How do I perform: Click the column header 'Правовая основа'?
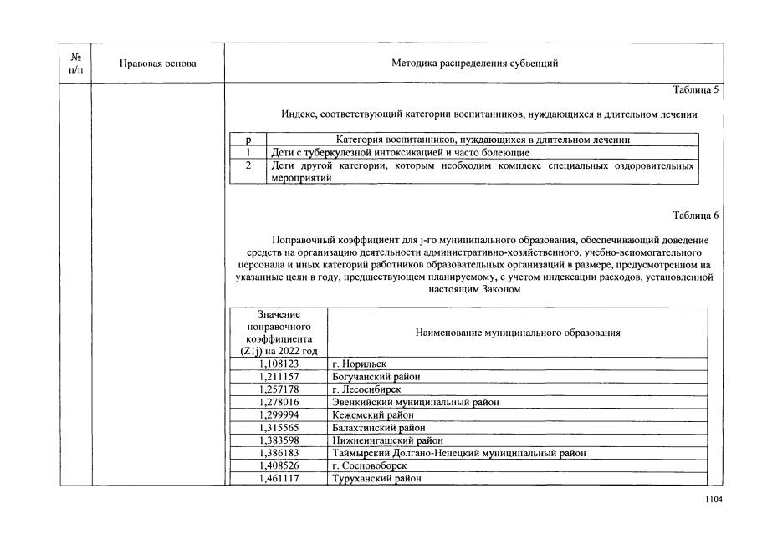(x=158, y=64)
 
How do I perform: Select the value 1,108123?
(x=279, y=364)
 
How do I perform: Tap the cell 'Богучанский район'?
(x=376, y=377)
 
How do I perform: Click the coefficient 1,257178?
(x=279, y=389)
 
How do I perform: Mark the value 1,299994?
(x=279, y=414)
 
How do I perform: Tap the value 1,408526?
(x=279, y=465)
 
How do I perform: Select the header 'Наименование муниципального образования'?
(x=517, y=333)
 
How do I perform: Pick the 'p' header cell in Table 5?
(x=248, y=140)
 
